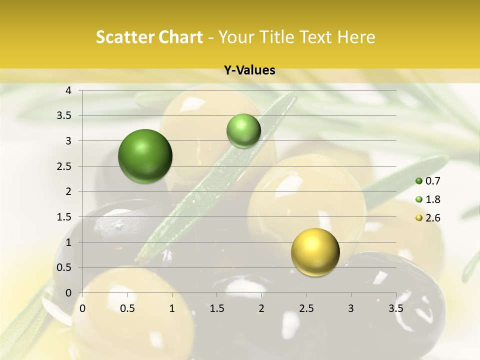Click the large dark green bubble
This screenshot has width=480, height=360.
tap(145, 156)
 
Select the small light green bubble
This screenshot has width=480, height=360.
tap(243, 130)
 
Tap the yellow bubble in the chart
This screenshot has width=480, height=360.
tap(315, 252)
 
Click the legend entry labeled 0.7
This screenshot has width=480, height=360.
tap(428, 181)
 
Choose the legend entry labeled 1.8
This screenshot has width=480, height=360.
tap(428, 199)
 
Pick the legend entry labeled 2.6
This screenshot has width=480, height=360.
tap(428, 218)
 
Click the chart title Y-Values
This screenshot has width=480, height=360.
tap(249, 70)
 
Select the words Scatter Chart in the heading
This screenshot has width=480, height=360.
tap(149, 37)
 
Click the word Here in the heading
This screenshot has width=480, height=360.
tap(356, 37)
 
